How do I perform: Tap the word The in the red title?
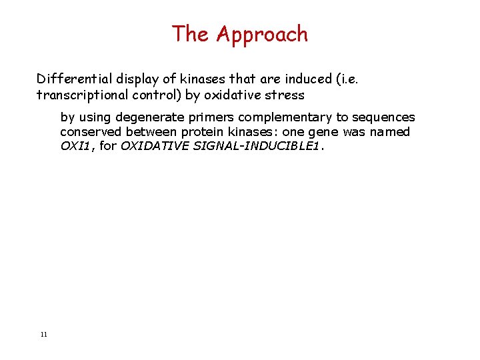(192, 34)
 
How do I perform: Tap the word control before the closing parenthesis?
(159, 95)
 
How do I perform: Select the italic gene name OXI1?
(77, 147)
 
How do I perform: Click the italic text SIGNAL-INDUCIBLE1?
(267, 147)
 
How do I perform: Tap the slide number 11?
(43, 334)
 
